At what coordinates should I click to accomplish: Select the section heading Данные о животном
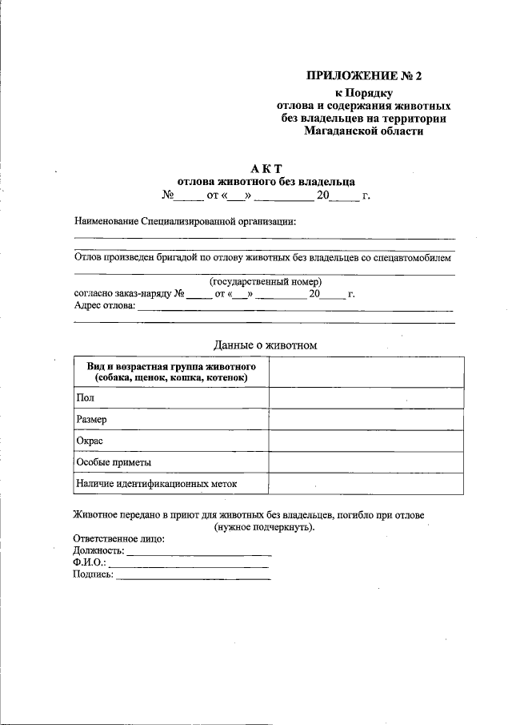[266, 344]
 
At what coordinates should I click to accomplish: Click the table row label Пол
[85, 397]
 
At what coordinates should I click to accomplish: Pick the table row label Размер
[92, 419]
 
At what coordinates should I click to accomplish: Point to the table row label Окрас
[90, 441]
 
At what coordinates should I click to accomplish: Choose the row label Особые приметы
[114, 462]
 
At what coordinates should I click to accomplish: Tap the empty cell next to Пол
[366, 397]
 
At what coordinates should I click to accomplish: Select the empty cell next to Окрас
[366, 441]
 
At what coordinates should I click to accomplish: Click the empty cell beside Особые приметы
[366, 462]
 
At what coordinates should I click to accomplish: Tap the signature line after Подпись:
[193, 577]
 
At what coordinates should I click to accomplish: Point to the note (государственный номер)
[266, 282]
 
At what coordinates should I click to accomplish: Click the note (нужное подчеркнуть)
[264, 527]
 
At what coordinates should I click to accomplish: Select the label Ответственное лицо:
[119, 539]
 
